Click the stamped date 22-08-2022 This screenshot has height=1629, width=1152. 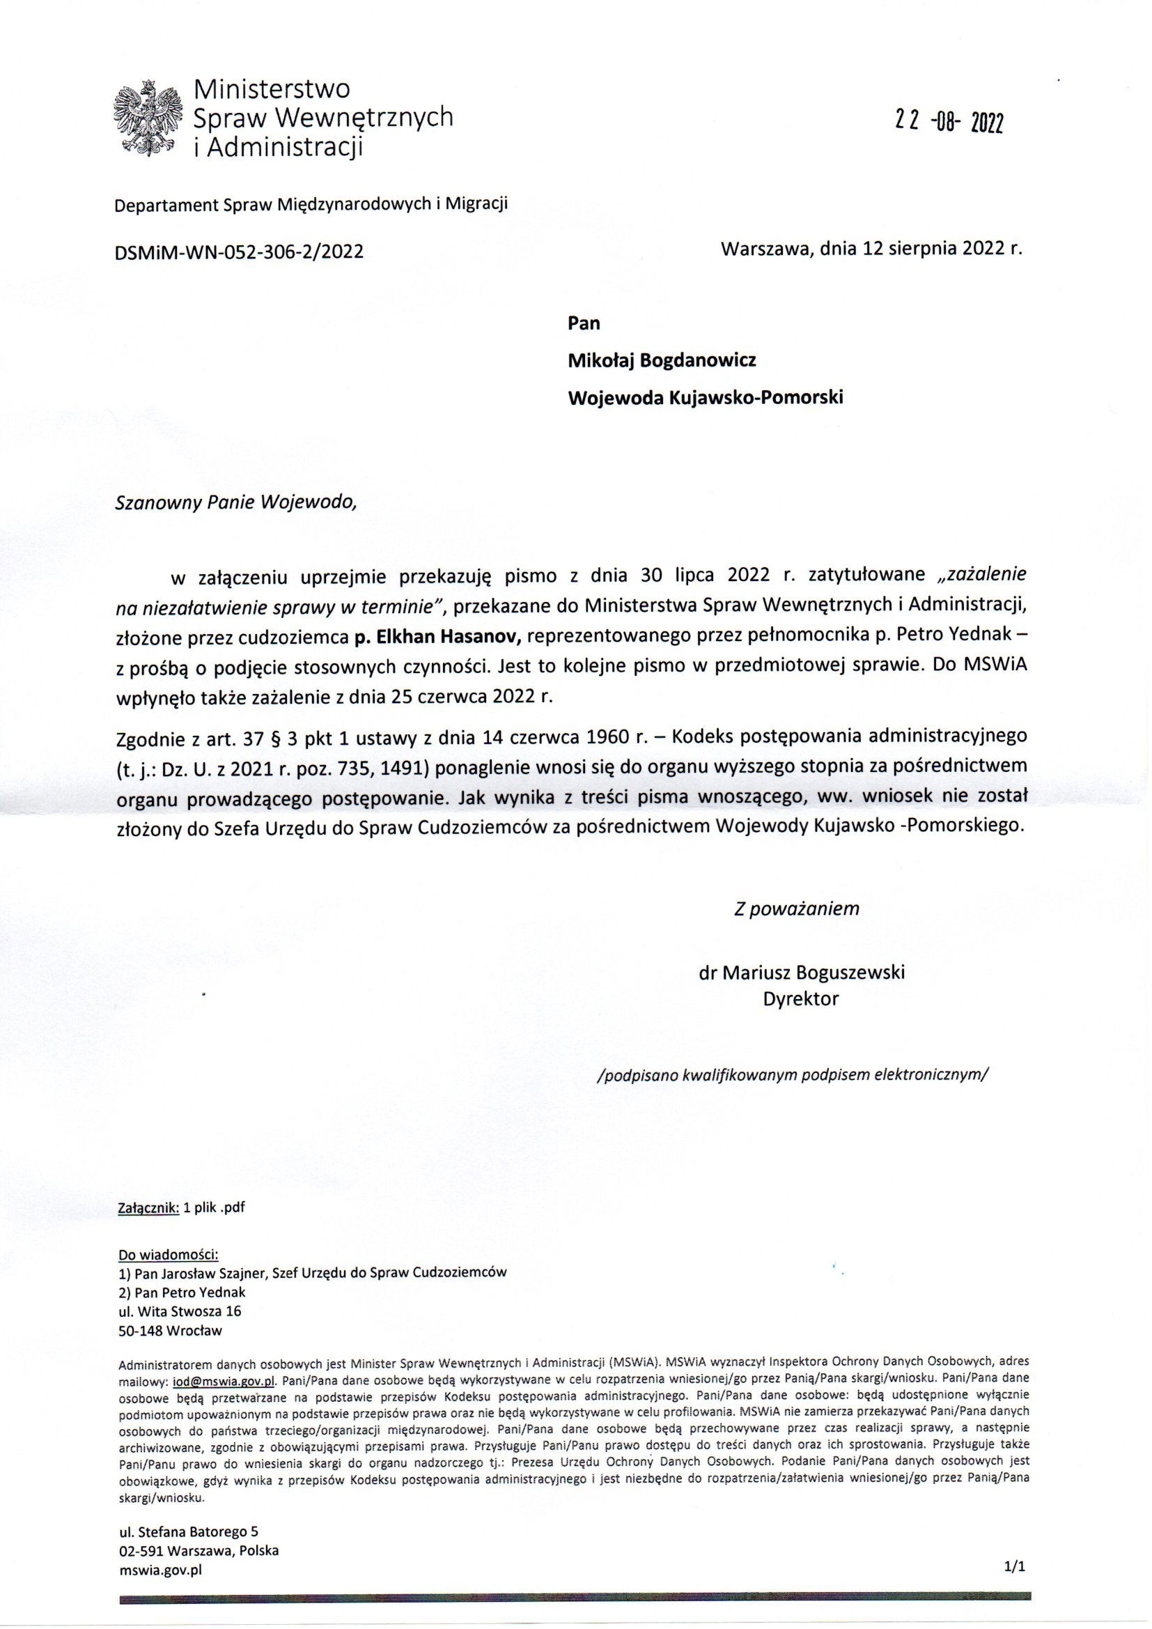coord(949,123)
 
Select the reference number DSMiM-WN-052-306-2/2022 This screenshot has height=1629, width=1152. coord(239,251)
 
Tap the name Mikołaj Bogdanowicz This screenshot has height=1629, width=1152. coord(662,360)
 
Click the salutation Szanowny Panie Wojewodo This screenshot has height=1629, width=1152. coord(233,502)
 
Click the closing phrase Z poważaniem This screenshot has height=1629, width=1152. coord(797,908)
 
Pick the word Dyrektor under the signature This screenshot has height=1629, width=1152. coord(801,999)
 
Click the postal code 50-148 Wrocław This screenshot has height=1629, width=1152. coord(170,1331)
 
